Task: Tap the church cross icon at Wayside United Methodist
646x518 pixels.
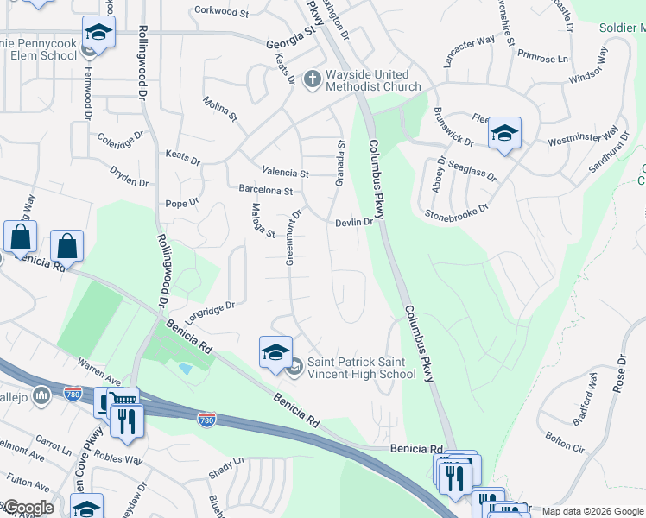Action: [x=313, y=76]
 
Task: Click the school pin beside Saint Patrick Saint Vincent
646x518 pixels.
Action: [x=275, y=352]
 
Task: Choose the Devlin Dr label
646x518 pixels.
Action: [x=354, y=222]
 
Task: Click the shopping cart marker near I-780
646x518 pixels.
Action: [x=122, y=401]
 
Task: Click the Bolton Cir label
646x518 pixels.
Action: [x=566, y=443]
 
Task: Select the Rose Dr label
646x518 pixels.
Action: [x=618, y=373]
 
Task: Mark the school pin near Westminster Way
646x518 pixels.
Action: [x=504, y=133]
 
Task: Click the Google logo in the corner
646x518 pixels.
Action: [x=28, y=508]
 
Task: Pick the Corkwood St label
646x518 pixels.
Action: [x=221, y=10]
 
